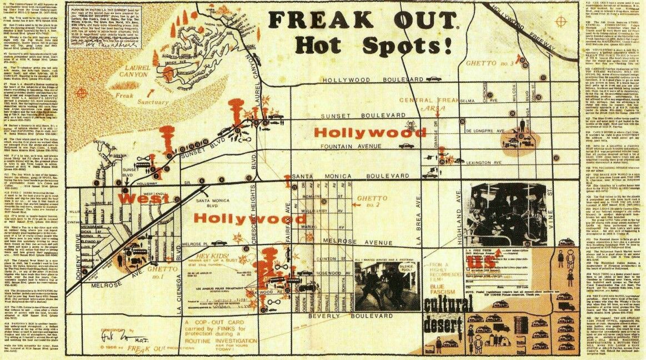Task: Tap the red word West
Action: (x=136, y=198)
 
